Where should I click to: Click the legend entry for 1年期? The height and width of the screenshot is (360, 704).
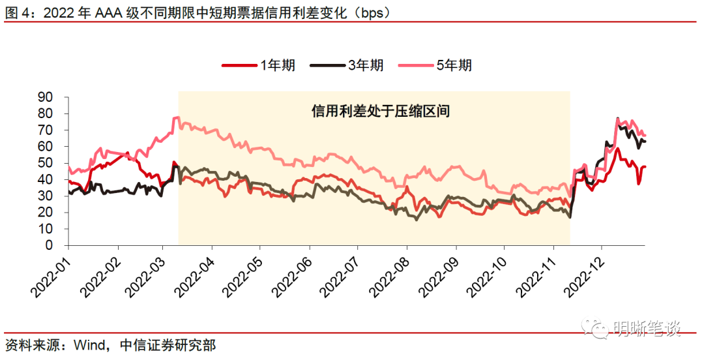tap(259, 65)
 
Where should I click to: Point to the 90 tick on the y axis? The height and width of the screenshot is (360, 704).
tap(54, 97)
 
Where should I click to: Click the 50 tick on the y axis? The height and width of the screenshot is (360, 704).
tap(54, 163)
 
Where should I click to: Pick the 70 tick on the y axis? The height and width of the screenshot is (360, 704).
tap(54, 130)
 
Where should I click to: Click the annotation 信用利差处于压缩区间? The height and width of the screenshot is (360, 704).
tap(381, 112)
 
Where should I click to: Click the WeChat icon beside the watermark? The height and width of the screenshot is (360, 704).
tap(597, 329)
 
